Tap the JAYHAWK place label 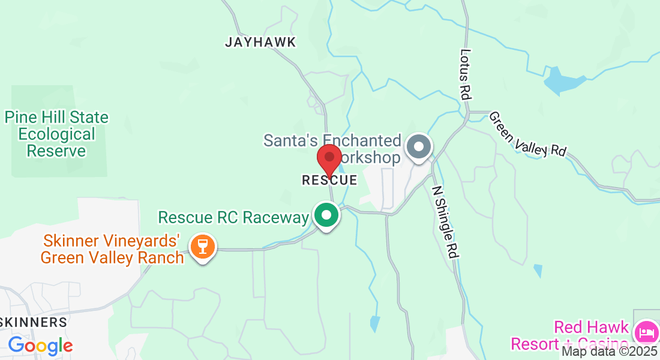click(260, 43)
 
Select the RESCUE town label click(329, 180)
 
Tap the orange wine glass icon click(203, 247)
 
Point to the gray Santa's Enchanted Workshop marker click(419, 147)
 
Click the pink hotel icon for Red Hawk click(646, 331)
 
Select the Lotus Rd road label click(466, 74)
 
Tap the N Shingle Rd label click(446, 220)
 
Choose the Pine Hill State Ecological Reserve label click(57, 134)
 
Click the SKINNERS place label click(34, 322)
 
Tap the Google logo click(40, 346)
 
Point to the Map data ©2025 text click(610, 352)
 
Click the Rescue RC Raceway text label click(233, 217)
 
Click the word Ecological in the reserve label click(56, 134)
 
